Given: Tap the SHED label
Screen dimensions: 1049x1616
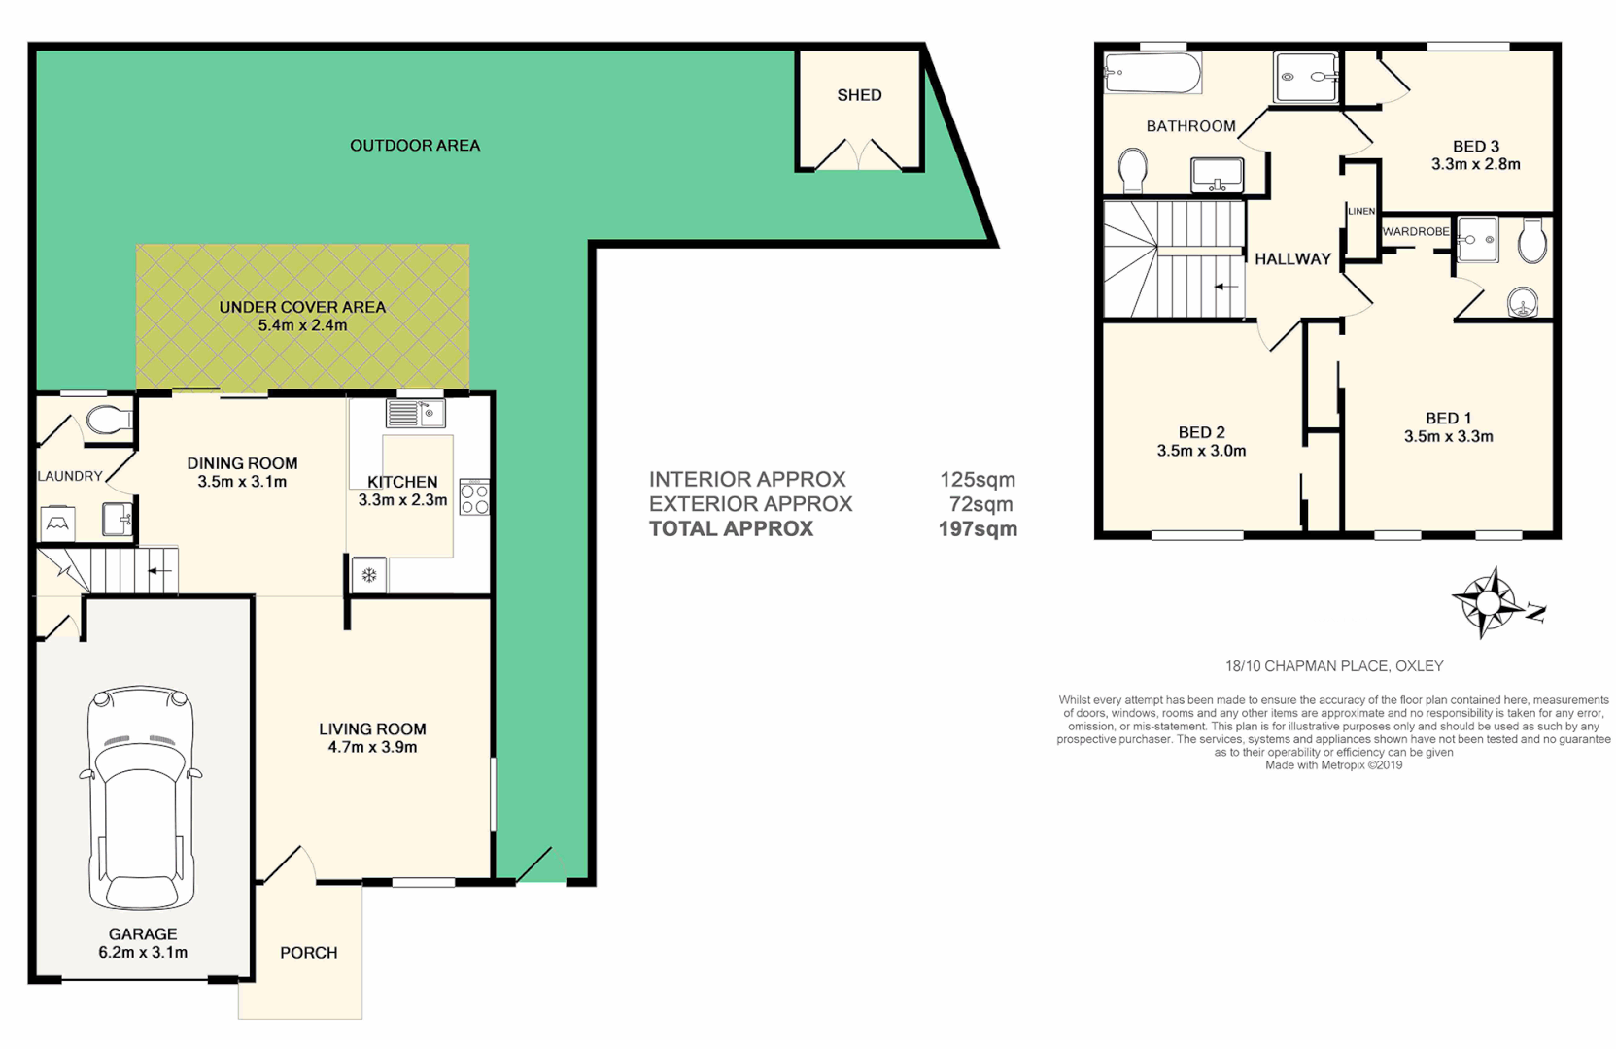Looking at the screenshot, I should coord(859,95).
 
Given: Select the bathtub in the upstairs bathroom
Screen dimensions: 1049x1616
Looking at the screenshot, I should coord(1152,73).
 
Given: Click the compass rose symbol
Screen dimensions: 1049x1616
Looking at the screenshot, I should coord(1487,603).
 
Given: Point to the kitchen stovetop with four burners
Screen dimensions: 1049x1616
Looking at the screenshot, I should coord(474,497).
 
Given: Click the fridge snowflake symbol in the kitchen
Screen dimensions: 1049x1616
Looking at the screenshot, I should coord(369,575).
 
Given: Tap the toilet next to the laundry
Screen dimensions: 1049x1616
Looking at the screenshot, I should coord(108,421).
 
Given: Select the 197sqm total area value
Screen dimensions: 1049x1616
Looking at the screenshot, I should coord(978,529).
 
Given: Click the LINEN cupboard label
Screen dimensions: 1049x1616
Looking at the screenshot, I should coord(1360,211).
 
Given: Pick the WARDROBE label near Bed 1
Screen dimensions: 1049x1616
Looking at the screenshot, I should coord(1415,232).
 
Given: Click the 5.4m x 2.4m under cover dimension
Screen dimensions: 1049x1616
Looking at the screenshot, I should coord(302,325).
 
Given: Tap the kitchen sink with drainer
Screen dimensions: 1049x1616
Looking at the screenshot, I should coord(416,414).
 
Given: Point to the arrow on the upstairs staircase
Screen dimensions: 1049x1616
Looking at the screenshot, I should coord(1226,287).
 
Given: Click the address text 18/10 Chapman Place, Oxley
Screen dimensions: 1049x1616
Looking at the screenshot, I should coord(1333,666).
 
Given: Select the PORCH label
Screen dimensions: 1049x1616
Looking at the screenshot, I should coord(308,953).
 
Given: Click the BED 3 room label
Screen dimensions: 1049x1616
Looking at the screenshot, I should coord(1475,147).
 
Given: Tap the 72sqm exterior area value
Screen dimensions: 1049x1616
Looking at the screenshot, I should coord(980,504).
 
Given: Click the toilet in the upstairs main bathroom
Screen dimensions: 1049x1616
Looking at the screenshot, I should coord(1133,171).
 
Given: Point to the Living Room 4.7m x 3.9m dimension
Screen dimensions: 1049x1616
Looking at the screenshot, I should coord(372,747).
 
